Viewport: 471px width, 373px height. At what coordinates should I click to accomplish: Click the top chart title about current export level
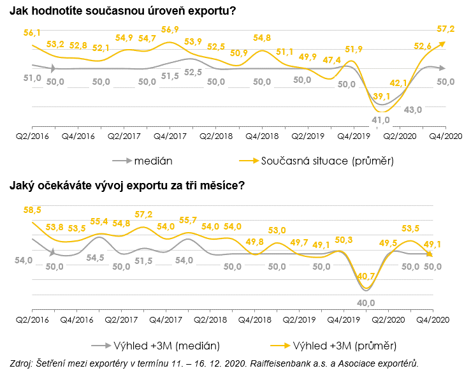pos(127,12)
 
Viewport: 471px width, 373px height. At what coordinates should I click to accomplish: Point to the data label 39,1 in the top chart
pos(382,96)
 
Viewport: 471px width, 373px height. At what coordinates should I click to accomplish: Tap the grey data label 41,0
pos(381,119)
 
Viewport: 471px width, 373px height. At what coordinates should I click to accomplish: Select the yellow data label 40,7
pos(366,276)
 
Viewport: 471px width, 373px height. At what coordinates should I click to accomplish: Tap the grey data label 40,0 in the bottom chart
pos(366,302)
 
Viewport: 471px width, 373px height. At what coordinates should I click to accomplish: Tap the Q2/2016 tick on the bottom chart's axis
pos(33,318)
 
